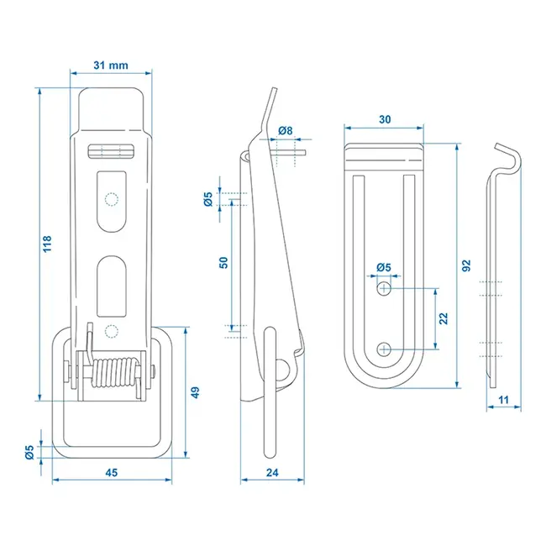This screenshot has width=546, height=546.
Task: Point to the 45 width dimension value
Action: (111, 472)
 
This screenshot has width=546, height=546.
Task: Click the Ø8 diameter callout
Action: (285, 130)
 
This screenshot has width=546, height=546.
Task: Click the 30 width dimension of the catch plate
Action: (384, 119)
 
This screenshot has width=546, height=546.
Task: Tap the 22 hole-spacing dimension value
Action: (444, 318)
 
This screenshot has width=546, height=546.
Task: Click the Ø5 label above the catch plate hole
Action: (384, 268)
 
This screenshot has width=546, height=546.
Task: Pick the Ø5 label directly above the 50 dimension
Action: (208, 199)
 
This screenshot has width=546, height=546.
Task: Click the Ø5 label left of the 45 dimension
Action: (29, 452)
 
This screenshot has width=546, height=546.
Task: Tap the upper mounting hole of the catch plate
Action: (384, 289)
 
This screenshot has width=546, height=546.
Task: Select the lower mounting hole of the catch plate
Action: (384, 349)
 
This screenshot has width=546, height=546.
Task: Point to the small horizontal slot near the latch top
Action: (111, 151)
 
